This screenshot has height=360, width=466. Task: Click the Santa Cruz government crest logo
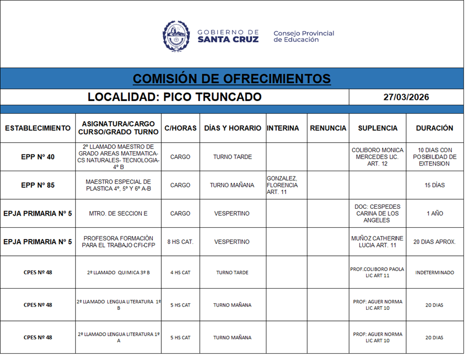click(x=176, y=36)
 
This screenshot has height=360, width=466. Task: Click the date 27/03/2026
click(x=406, y=97)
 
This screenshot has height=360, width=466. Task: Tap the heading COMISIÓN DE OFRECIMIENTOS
click(x=232, y=79)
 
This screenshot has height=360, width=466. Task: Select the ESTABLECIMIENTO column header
click(x=38, y=128)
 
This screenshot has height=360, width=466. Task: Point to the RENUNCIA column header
click(x=328, y=128)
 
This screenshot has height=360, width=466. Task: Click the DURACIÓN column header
click(x=434, y=128)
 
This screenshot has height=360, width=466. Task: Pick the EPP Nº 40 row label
click(x=38, y=157)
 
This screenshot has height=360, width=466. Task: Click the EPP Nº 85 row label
click(x=38, y=186)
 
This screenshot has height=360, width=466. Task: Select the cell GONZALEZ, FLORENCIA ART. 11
click(x=283, y=186)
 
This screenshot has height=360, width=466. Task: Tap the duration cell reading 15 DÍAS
click(x=434, y=186)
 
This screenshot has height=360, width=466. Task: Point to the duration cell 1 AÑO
click(x=434, y=214)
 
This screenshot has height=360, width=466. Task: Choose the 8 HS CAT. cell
click(x=180, y=242)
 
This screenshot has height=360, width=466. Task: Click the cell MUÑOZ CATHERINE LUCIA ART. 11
click(x=377, y=242)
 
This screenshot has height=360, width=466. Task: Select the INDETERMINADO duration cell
click(x=434, y=273)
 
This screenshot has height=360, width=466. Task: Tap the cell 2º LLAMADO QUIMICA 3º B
click(x=118, y=273)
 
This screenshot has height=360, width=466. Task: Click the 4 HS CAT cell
click(x=180, y=273)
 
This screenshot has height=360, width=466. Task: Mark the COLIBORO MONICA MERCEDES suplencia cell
click(x=377, y=157)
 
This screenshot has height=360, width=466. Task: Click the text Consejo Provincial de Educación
click(x=304, y=36)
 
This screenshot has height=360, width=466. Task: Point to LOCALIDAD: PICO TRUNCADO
click(x=175, y=97)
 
